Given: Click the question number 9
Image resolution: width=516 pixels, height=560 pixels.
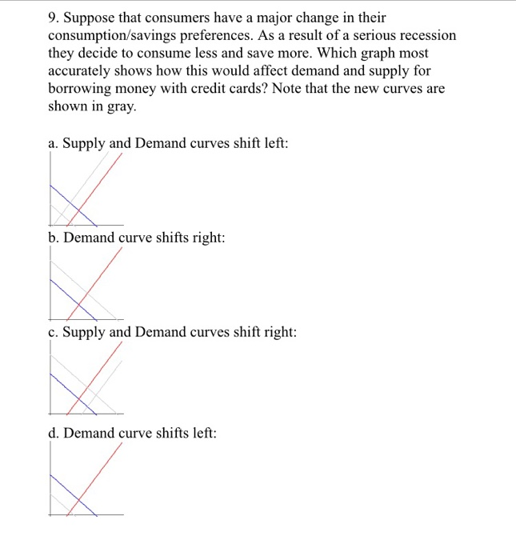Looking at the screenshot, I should pyautogui.click(x=53, y=18).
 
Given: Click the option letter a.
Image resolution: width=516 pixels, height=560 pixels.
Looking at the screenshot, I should pyautogui.click(x=52, y=144).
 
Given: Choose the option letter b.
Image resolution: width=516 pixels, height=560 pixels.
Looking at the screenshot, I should pyautogui.click(x=53, y=238).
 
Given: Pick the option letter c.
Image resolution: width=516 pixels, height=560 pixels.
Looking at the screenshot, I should pyautogui.click(x=52, y=332).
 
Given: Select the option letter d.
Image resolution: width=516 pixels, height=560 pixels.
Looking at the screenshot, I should pyautogui.click(x=53, y=433).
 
